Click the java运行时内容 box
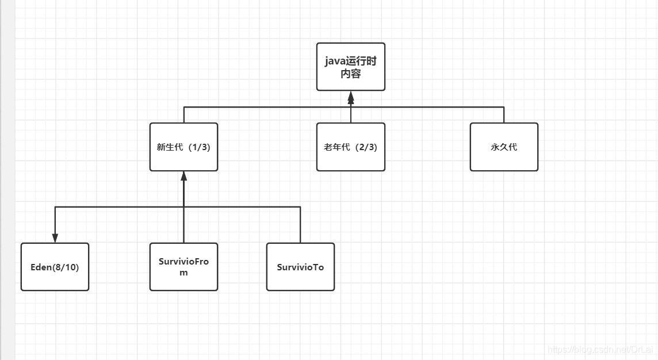(x=350, y=67)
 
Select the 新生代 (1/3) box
(x=183, y=147)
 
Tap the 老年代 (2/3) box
(x=350, y=147)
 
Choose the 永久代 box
(x=504, y=147)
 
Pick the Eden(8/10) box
(x=55, y=267)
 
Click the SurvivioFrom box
(x=183, y=267)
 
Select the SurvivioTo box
(x=300, y=267)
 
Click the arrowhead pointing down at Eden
(x=55, y=238)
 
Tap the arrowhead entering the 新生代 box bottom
(x=184, y=177)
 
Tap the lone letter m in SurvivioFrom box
(x=183, y=273)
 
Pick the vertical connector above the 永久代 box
(x=504, y=114)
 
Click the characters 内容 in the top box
(x=350, y=74)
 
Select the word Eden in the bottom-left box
(x=41, y=267)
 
